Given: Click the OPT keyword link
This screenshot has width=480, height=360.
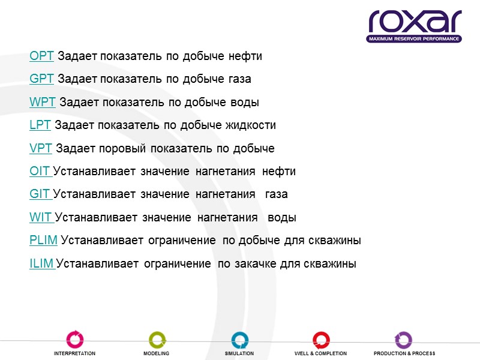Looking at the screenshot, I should point(41,56).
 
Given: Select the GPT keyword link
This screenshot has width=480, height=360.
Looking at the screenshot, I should point(41,79).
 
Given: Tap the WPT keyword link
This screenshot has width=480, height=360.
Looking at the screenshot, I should point(42,103).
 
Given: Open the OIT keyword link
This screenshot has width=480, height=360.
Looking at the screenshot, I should point(40,172).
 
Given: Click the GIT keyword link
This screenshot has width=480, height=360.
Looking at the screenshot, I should point(40,194).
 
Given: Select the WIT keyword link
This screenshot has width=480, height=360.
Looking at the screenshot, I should point(41,218).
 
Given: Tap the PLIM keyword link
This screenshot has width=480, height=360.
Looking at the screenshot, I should point(43,241).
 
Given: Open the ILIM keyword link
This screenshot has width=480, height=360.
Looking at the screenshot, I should point(41,263).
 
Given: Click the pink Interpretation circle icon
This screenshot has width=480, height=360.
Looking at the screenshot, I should point(74,340).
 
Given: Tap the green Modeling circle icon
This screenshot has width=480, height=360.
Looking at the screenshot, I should point(157,340).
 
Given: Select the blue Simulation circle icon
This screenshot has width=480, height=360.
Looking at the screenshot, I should point(239,340).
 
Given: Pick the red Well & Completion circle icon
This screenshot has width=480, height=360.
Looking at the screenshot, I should point(321,340).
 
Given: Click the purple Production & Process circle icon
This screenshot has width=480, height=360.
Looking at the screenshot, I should point(403,340).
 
